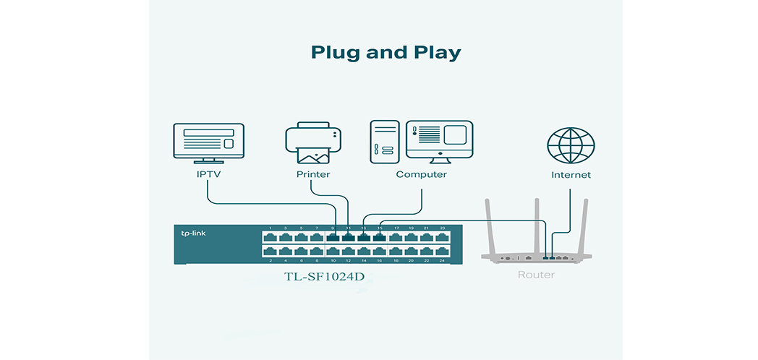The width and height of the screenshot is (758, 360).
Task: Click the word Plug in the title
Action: [x=335, y=53]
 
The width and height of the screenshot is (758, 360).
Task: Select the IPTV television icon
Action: [x=208, y=142]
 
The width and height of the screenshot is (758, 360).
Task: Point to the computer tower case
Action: [x=386, y=140]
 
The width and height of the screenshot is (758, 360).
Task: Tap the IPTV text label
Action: [x=208, y=175]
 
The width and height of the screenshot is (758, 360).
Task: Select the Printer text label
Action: [x=313, y=175]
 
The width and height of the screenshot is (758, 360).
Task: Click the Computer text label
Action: [x=421, y=175]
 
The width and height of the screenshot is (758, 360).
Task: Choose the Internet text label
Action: [x=571, y=175]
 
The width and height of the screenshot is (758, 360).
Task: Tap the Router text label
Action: [x=536, y=275]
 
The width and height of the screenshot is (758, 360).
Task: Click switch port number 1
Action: [x=271, y=236]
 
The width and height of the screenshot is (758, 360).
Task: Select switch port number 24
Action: [x=442, y=251]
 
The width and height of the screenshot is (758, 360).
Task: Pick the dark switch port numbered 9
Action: [x=333, y=236]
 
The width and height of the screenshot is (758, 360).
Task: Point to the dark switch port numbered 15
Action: [x=380, y=236]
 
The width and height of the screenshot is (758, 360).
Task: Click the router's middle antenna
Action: [x=537, y=224]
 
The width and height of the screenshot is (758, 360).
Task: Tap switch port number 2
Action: [x=271, y=251]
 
